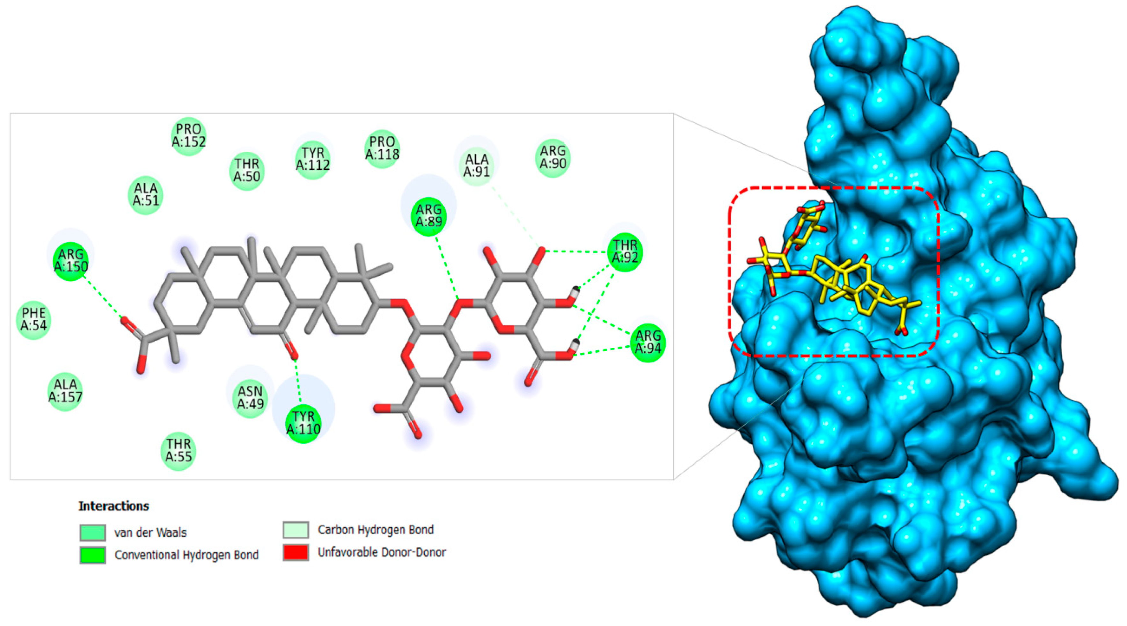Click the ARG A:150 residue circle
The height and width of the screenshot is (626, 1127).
coord(71,261)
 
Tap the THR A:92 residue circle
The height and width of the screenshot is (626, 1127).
coord(625,252)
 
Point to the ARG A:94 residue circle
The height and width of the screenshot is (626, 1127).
coord(648,343)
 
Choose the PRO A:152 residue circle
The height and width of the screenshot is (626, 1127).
coord(188,136)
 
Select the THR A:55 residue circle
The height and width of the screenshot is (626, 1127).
coord(179,451)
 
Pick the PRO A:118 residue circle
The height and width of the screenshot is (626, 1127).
coord(382,148)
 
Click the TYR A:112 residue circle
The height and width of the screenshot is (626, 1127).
coord(312,160)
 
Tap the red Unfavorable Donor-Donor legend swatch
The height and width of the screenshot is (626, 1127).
coord(296,552)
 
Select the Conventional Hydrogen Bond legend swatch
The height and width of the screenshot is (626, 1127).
coord(92,555)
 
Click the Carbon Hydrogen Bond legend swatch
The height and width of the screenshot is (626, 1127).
coord(296,530)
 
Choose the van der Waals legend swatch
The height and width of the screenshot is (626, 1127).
coord(92,532)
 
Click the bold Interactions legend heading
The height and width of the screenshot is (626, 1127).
coord(114,506)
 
